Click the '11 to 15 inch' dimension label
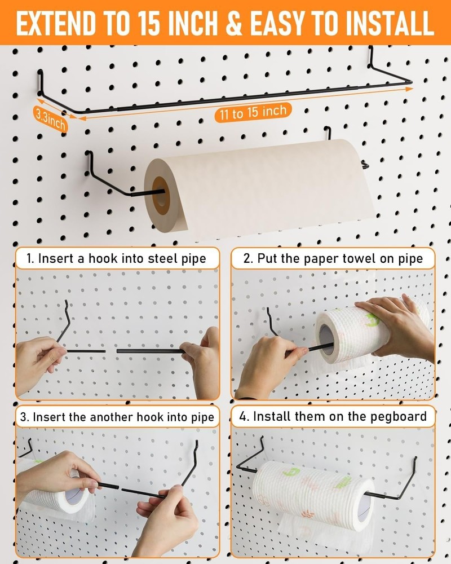click(253, 112)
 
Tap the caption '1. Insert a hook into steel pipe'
click(117, 259)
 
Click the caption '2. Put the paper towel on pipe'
click(333, 259)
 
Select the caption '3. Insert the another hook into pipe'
click(117, 417)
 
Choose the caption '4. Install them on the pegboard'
click(333, 417)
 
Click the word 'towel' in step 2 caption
click(369, 259)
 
